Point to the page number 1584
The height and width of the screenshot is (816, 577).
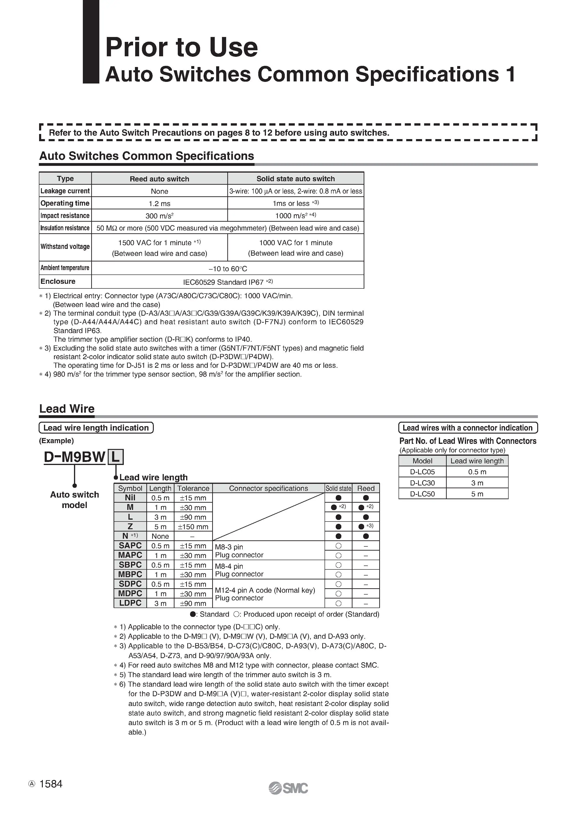pyautogui.click(x=51, y=784)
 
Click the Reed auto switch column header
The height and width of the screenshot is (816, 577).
pyautogui.click(x=159, y=179)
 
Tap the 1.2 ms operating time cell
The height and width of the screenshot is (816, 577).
pyautogui.click(x=159, y=204)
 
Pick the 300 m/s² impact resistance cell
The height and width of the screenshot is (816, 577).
pyautogui.click(x=159, y=216)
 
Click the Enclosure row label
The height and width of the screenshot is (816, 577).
pyautogui.click(x=58, y=281)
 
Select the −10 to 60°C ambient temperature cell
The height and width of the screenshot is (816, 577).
pyautogui.click(x=228, y=269)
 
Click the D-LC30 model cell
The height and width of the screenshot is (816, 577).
pyautogui.click(x=422, y=483)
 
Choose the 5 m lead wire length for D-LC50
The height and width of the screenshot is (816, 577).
pyautogui.click(x=477, y=494)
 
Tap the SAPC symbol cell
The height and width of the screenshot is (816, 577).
pyautogui.click(x=130, y=545)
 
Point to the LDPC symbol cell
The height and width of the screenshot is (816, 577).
pyautogui.click(x=130, y=603)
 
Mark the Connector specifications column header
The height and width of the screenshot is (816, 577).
pyautogui.click(x=268, y=488)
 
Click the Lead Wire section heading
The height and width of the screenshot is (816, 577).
pyautogui.click(x=67, y=409)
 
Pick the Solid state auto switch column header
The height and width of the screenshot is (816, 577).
pyautogui.click(x=295, y=179)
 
